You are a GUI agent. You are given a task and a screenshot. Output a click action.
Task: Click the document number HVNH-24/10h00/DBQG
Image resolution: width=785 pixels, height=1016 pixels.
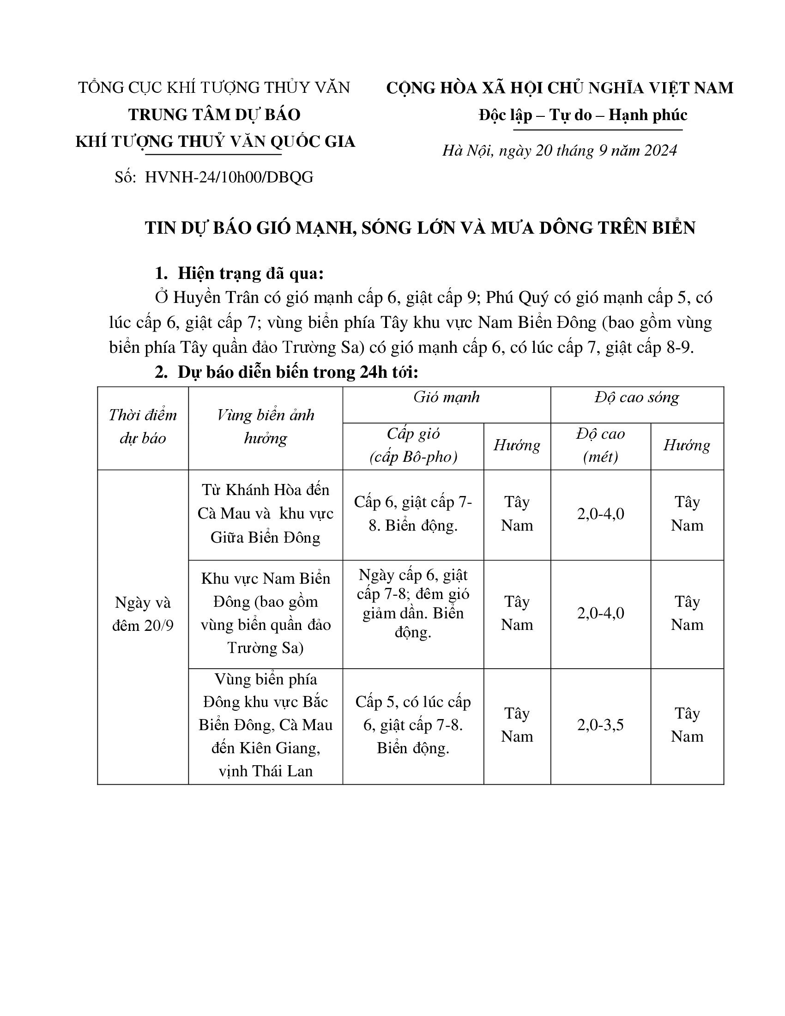click(229, 177)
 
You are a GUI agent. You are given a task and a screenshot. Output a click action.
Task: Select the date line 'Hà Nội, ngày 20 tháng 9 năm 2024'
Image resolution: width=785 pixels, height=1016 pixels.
click(560, 150)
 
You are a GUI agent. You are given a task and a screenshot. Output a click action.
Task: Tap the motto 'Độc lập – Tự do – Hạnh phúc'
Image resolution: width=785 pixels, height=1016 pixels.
click(583, 115)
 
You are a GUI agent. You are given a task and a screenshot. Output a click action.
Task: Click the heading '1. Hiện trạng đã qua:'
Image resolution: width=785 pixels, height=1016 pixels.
click(239, 273)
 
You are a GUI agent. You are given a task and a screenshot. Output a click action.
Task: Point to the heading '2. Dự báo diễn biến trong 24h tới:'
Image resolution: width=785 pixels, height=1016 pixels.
click(286, 372)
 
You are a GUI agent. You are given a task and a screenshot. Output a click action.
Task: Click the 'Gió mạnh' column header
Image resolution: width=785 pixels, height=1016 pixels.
click(447, 397)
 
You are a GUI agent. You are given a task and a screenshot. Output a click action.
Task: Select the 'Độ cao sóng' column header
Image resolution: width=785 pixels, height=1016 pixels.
click(637, 397)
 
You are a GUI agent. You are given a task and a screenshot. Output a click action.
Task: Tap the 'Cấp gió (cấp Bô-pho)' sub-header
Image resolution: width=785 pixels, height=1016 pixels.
click(413, 445)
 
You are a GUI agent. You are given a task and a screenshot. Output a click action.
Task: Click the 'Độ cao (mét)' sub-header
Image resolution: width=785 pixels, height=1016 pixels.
click(600, 445)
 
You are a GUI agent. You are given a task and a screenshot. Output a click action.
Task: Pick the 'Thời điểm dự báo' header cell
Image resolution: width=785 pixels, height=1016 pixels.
click(143, 426)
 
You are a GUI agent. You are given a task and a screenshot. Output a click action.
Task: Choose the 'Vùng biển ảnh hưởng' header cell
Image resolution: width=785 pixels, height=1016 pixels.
click(266, 426)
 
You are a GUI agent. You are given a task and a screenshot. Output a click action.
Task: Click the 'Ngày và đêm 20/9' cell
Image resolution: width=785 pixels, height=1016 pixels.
click(143, 614)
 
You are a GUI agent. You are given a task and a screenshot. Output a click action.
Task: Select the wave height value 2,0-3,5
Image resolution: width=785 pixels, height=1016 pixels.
click(600, 725)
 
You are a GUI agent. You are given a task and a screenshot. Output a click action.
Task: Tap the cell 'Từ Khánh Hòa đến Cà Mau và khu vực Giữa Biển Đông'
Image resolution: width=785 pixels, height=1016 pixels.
click(266, 514)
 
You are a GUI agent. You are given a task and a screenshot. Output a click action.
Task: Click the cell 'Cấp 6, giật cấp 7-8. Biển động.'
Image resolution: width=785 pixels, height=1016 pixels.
click(413, 514)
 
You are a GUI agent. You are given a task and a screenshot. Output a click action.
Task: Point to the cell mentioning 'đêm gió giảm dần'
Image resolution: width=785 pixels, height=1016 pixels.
click(413, 604)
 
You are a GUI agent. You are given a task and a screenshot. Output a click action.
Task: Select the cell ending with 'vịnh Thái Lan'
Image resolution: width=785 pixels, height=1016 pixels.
click(266, 725)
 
